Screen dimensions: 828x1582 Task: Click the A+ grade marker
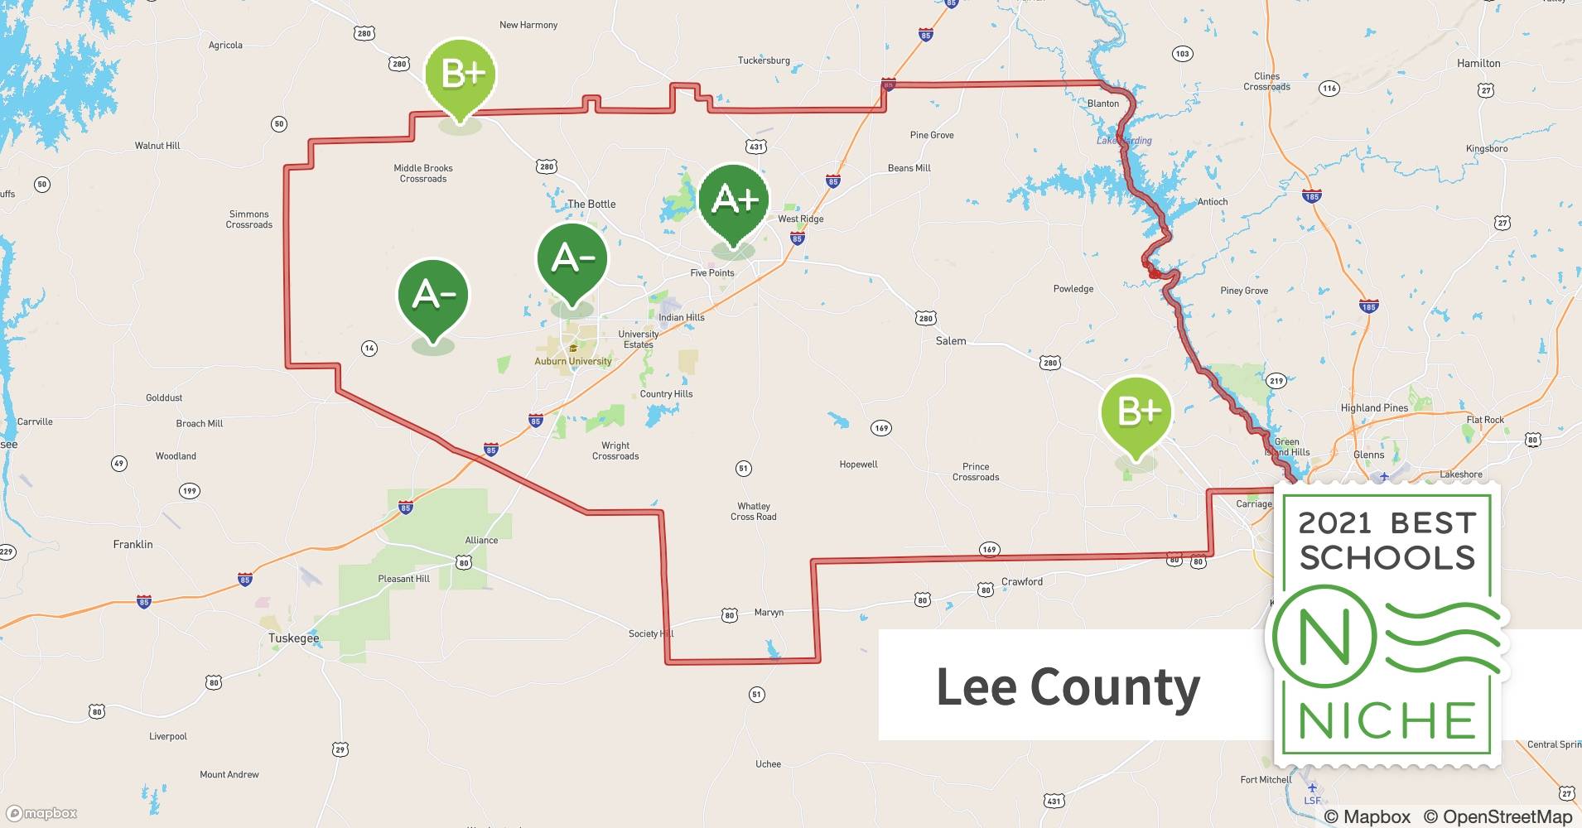pyautogui.click(x=734, y=200)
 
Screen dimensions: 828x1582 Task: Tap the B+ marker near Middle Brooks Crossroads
pyautogui.click(x=461, y=75)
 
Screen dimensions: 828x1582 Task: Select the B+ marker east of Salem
pyautogui.click(x=1136, y=412)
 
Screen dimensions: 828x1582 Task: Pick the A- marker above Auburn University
pyautogui.click(x=572, y=259)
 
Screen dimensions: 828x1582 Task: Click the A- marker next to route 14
pyautogui.click(x=433, y=296)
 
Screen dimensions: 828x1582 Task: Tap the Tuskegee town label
pyautogui.click(x=293, y=638)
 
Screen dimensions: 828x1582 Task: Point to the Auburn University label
pyautogui.click(x=573, y=361)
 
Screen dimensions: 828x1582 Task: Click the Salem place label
pyautogui.click(x=951, y=341)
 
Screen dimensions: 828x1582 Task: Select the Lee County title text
pyautogui.click(x=1068, y=687)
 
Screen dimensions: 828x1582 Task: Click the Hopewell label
pyautogui.click(x=858, y=465)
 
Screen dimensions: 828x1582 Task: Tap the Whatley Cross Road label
pyautogui.click(x=754, y=512)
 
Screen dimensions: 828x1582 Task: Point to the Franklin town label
pyautogui.click(x=133, y=544)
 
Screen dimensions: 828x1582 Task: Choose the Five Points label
pyautogui.click(x=712, y=272)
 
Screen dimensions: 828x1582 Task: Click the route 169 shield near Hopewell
pyautogui.click(x=881, y=428)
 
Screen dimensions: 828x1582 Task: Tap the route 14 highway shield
pyautogui.click(x=369, y=349)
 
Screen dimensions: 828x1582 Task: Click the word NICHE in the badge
pyautogui.click(x=1387, y=720)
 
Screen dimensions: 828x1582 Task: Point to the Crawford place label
pyautogui.click(x=1022, y=582)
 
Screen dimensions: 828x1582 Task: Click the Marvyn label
pyautogui.click(x=769, y=613)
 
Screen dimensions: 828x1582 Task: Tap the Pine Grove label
pyautogui.click(x=932, y=135)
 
